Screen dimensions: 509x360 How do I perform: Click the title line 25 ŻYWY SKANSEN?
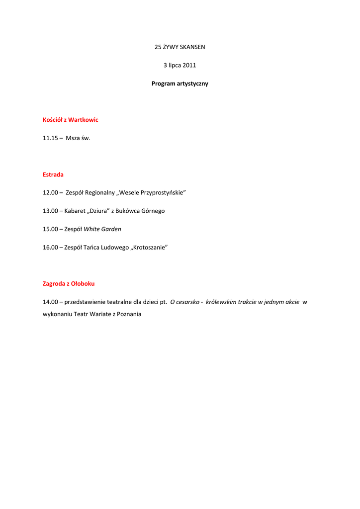point(180,47)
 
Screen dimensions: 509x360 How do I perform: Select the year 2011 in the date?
point(189,65)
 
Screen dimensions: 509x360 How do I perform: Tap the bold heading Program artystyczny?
point(180,84)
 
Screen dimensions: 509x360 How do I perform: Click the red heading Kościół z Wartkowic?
point(71,120)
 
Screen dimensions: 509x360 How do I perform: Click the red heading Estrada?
point(53,174)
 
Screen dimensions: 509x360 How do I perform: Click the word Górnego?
point(152,211)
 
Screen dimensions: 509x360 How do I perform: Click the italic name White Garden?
point(102,229)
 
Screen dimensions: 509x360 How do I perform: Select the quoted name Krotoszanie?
point(149,247)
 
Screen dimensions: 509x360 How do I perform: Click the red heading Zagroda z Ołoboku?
point(69,284)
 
